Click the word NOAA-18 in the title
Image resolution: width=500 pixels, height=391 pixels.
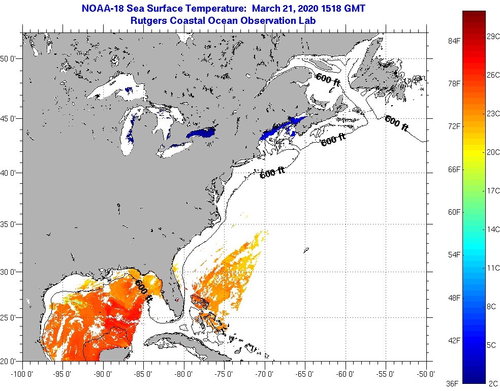(x=102, y=8)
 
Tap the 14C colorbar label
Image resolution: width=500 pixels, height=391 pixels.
(x=493, y=230)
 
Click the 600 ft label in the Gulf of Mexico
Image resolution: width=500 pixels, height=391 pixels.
(x=143, y=290)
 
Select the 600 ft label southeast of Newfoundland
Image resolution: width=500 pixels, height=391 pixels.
(x=396, y=123)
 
